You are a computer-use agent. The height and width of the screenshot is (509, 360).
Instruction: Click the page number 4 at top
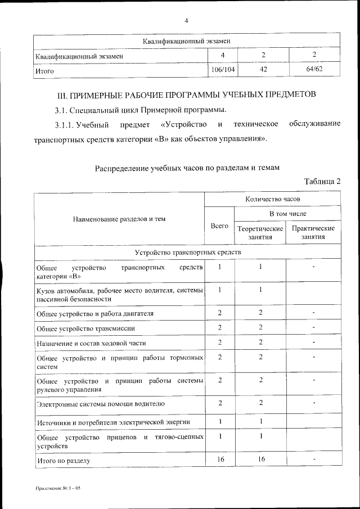pos(186,21)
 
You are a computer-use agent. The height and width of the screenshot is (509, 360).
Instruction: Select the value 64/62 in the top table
pos(314,70)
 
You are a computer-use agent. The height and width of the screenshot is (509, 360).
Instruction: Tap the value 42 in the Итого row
pos(263,70)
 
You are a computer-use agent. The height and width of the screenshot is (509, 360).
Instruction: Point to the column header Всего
pos(219,226)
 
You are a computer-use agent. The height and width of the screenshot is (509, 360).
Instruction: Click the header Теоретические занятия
pos(260,233)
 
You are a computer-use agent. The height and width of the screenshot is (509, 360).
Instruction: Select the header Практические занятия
pos(314,233)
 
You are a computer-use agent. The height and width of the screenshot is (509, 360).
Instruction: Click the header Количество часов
pos(273,200)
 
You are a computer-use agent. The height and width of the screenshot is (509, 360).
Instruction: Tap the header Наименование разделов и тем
pos(119,219)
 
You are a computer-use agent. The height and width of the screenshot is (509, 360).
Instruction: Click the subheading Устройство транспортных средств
pos(187,253)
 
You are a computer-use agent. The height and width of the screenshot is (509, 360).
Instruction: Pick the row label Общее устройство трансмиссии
pos(85,328)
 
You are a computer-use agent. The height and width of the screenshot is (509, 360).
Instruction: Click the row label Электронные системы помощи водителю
pos(101,404)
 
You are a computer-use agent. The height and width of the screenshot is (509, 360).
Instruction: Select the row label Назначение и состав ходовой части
pos(93,343)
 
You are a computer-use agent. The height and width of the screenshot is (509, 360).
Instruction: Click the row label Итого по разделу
pos(64,461)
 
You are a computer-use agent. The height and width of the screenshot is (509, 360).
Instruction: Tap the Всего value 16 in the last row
pos(219,460)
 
